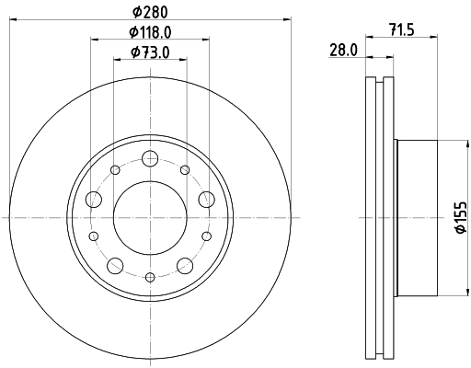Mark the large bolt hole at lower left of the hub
[x=114, y=266]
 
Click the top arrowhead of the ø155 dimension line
[x=452, y=144]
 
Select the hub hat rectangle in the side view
[x=414, y=217]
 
